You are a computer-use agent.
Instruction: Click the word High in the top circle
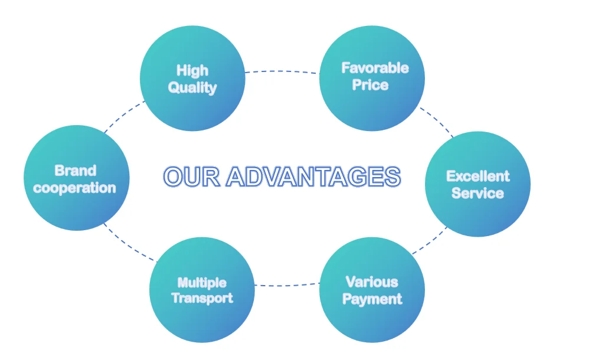tap(192, 71)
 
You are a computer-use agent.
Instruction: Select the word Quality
tap(192, 88)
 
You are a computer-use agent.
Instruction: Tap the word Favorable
tap(375, 68)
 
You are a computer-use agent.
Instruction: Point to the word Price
tap(371, 85)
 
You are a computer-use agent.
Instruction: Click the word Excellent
tap(477, 176)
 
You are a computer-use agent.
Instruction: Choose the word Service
tap(477, 193)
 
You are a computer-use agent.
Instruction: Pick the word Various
tap(372, 282)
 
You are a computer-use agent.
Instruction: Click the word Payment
tap(372, 299)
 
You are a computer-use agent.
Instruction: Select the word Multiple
tap(202, 283)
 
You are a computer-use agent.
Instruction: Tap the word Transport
tap(202, 298)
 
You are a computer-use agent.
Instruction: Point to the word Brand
tap(75, 171)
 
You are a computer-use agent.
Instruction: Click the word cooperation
tap(75, 188)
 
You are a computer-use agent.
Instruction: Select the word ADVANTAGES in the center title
tap(313, 177)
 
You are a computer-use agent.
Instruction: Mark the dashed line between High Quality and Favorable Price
tap(282, 71)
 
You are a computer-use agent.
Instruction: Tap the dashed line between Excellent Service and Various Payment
tap(430, 242)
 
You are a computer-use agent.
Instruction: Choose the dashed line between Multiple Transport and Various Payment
tap(287, 286)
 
